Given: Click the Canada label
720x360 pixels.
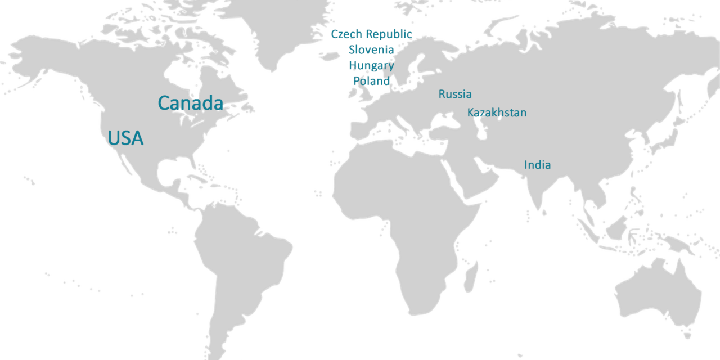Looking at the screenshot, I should click(190, 103).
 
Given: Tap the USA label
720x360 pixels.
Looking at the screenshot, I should click(125, 138).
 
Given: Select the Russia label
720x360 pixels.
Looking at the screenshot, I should click(455, 94).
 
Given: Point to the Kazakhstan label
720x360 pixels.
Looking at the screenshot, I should click(497, 112).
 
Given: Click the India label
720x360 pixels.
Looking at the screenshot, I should click(537, 165).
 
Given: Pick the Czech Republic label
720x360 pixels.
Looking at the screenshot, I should click(371, 34).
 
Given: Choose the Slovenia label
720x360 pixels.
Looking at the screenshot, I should click(371, 49).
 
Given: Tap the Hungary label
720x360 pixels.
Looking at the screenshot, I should click(371, 65).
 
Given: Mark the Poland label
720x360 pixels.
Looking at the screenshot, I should click(371, 80).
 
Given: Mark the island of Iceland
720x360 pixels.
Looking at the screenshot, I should click(329, 55).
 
